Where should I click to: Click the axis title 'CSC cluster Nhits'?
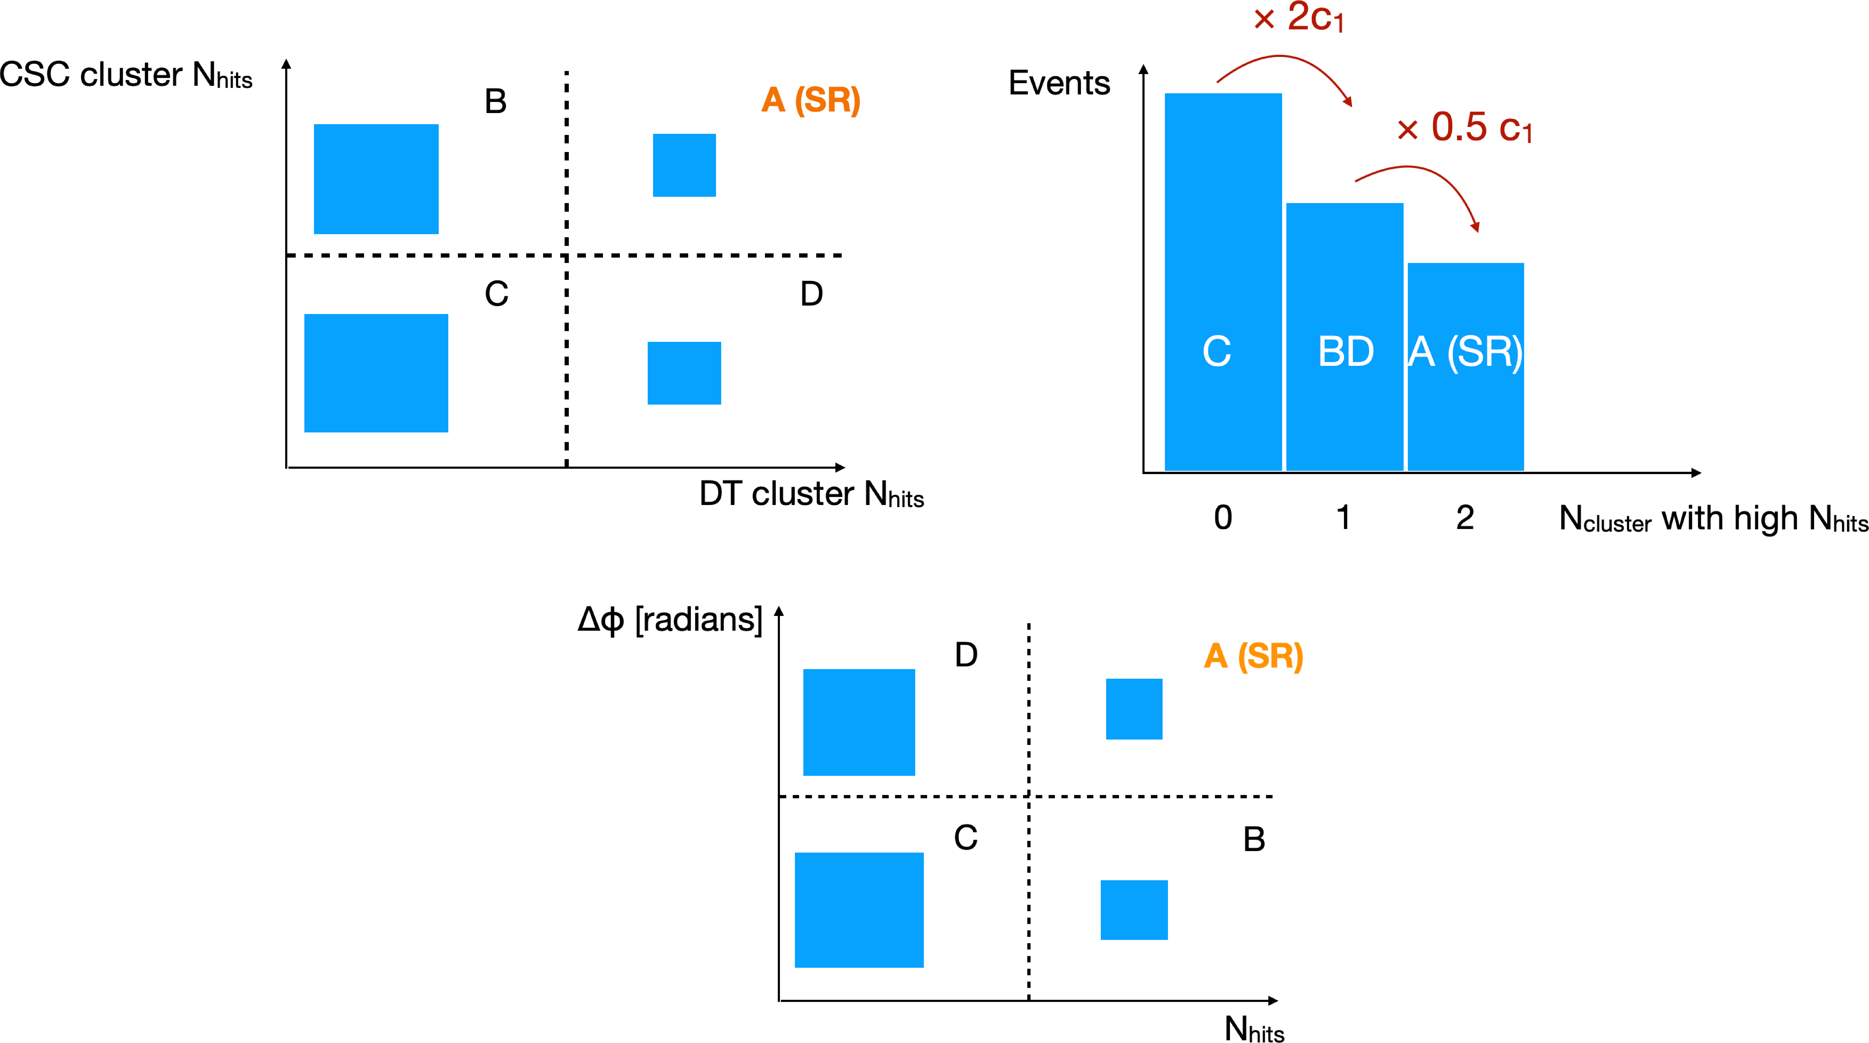[x=126, y=75]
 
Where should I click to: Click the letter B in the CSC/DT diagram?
[x=496, y=101]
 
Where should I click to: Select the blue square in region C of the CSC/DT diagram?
[x=376, y=373]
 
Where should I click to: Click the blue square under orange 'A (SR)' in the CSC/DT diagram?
[x=684, y=165]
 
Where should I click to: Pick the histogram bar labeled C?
[x=1223, y=282]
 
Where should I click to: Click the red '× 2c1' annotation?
[x=1299, y=17]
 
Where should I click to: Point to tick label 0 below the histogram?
[x=1223, y=517]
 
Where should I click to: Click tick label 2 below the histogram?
[x=1465, y=517]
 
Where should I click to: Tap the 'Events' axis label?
[x=1059, y=83]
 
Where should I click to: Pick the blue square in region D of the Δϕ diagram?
[x=859, y=722]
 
